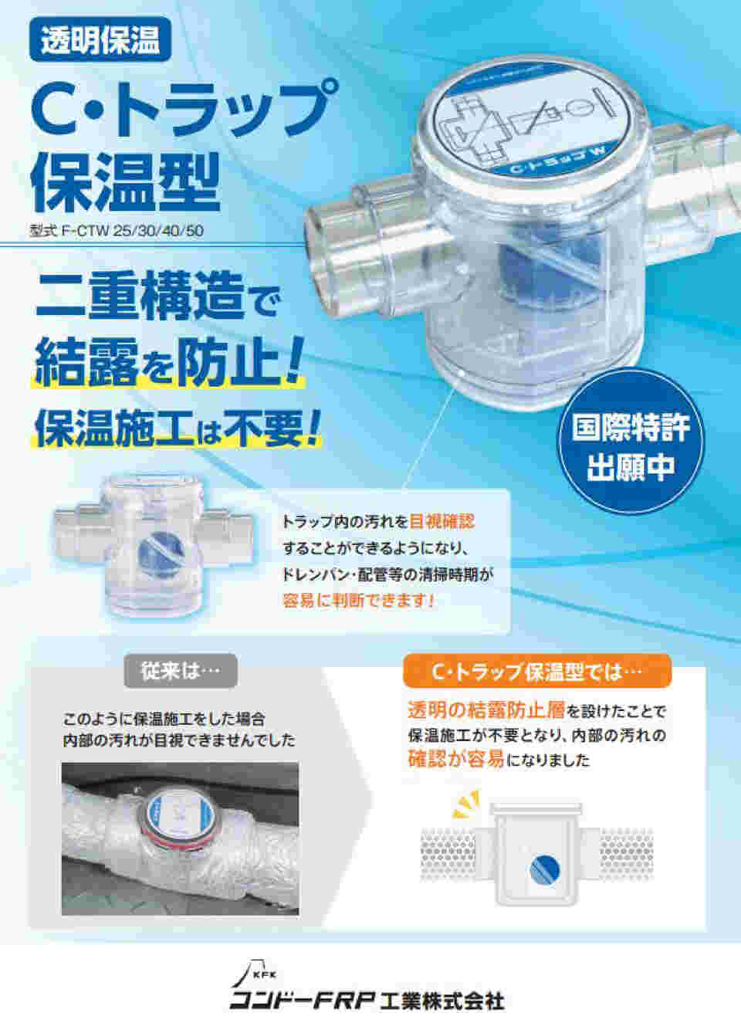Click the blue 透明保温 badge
(100, 39)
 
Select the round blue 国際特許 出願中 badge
(631, 447)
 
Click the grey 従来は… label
(181, 671)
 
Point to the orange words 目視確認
(442, 522)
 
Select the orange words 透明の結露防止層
(486, 711)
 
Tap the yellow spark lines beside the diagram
(465, 804)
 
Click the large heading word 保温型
(125, 182)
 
